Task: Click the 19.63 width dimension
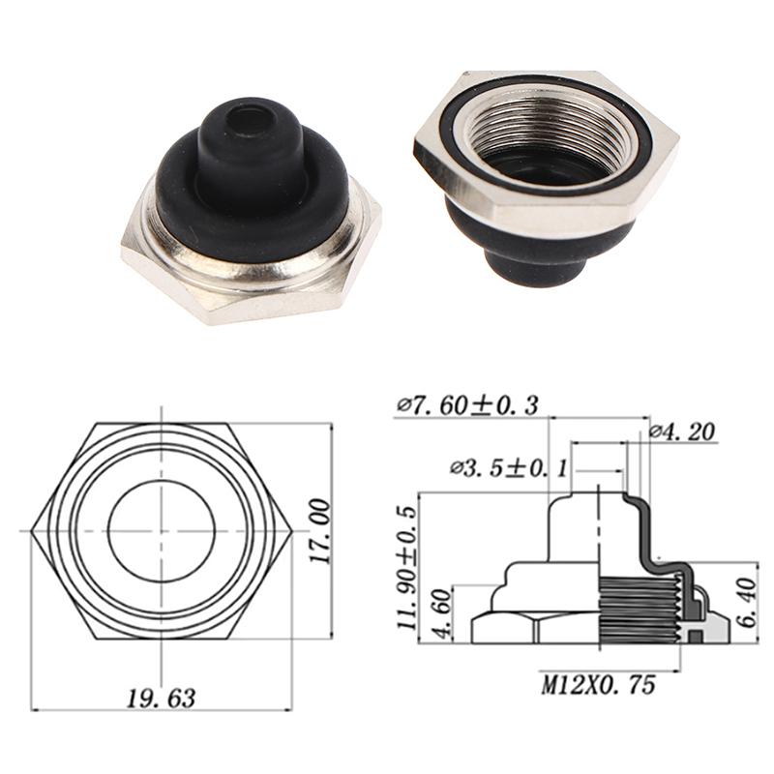point(161,696)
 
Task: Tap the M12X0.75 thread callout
point(598,685)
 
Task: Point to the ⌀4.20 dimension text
point(682,432)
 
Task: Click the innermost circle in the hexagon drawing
point(161,531)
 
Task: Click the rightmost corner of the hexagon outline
point(290,531)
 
